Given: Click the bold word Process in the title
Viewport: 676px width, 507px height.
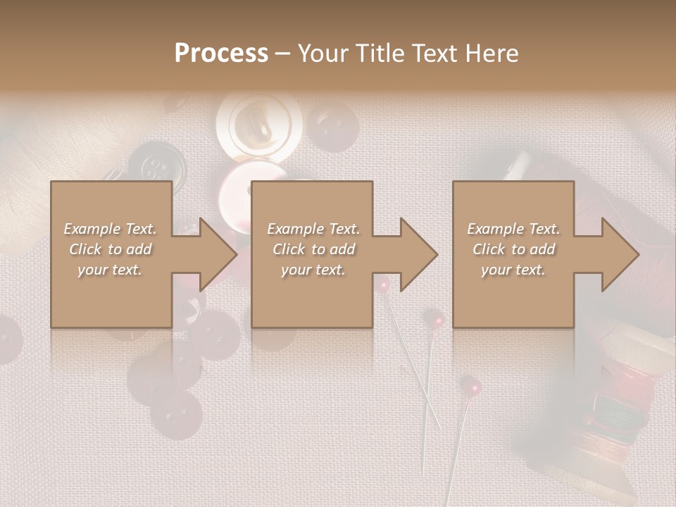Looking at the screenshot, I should [x=221, y=53].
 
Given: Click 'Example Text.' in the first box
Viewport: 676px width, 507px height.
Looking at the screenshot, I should [x=111, y=229].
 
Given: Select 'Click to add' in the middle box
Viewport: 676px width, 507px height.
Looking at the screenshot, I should [x=313, y=249].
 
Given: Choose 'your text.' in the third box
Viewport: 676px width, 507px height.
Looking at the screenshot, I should [x=513, y=270].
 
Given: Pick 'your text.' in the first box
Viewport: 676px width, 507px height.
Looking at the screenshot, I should [x=111, y=270].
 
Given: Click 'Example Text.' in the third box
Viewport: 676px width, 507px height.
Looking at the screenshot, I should [x=513, y=229].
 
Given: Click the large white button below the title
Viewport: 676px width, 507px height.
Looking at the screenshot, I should [x=258, y=127].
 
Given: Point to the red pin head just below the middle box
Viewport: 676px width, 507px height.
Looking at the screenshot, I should [x=383, y=284].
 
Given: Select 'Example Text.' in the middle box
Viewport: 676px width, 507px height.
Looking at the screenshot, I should [x=313, y=229].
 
